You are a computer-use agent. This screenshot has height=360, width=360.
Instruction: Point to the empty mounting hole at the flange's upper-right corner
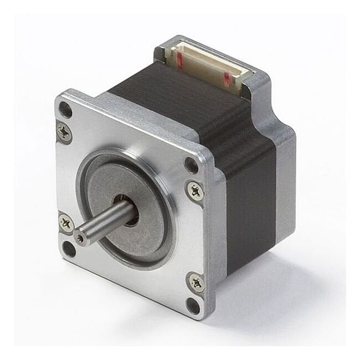click(190, 164)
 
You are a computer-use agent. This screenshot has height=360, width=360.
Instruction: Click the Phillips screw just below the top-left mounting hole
click(64, 132)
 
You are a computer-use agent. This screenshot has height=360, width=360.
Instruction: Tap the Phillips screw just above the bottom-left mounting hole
click(66, 223)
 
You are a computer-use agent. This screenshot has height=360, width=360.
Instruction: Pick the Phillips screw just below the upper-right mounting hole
click(194, 191)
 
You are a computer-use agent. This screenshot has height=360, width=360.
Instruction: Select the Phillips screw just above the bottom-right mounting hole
click(196, 281)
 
